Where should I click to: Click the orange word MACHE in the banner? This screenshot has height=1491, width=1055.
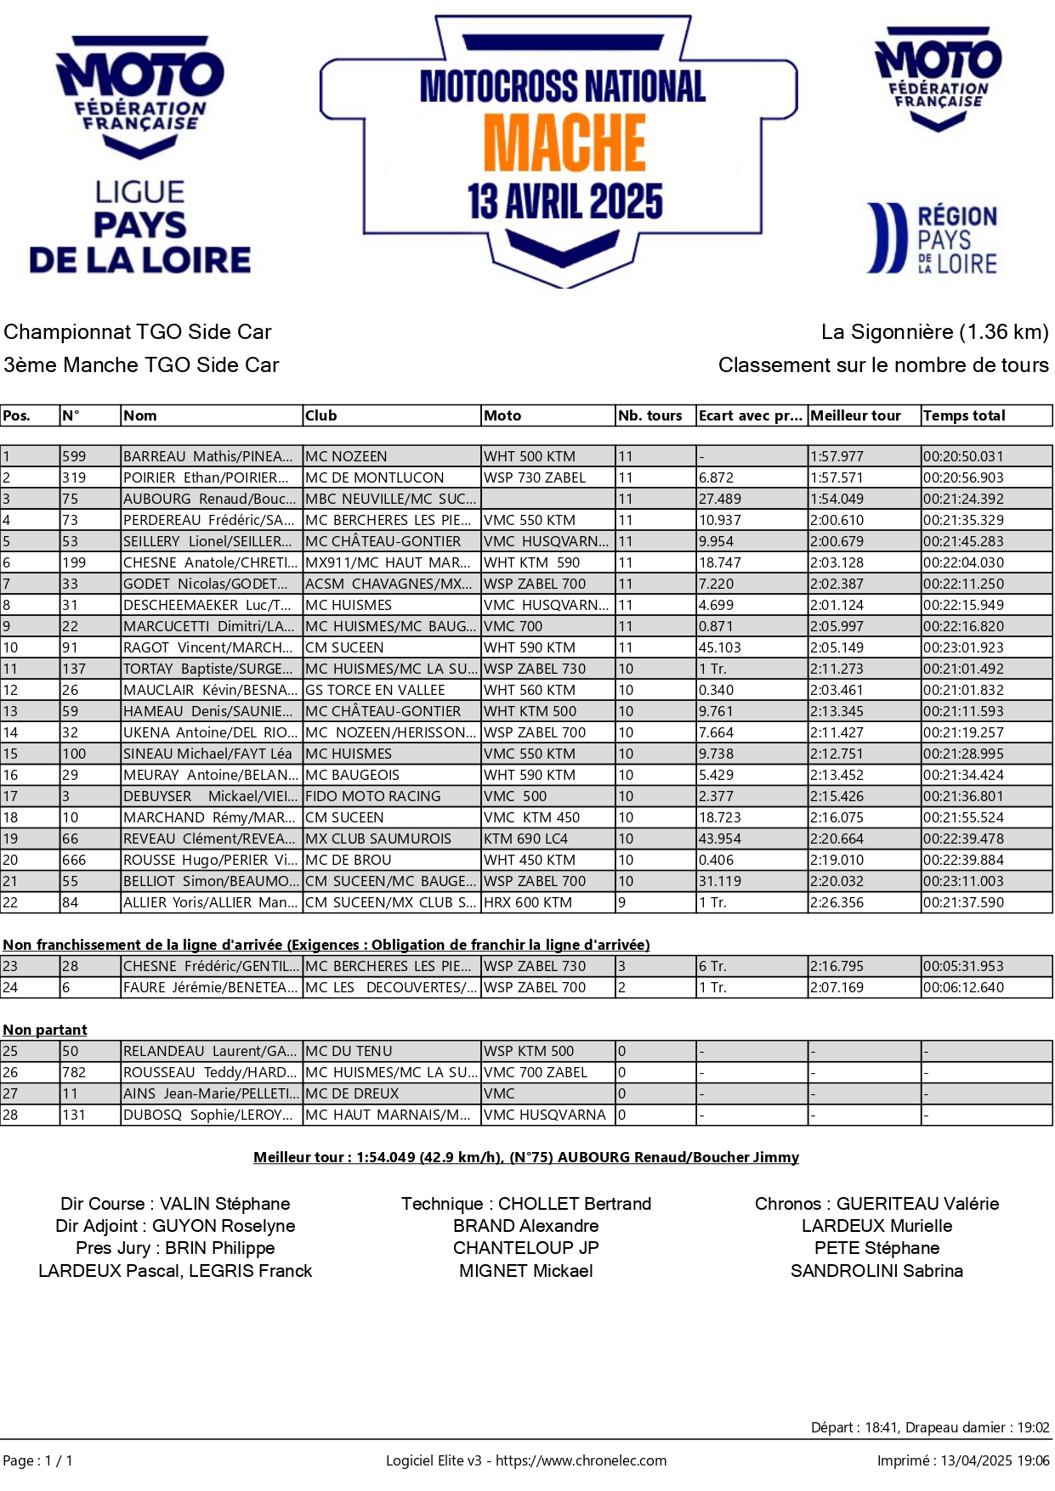pos(564,142)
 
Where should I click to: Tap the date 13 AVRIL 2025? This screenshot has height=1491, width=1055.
pos(564,202)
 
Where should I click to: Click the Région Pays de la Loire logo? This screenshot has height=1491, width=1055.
pos(932,239)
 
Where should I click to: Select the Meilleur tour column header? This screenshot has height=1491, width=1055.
pos(855,415)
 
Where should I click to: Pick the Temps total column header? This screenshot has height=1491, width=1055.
pos(964,415)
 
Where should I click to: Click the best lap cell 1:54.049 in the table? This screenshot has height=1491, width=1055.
pos(837,499)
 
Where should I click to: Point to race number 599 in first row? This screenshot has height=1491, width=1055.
pos(74,456)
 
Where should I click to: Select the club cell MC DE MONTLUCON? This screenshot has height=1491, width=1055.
pos(375,477)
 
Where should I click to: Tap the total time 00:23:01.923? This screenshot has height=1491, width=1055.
pos(963,647)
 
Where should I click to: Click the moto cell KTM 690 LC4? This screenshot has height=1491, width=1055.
pos(525,839)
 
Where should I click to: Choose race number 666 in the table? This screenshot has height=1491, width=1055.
pos(74,860)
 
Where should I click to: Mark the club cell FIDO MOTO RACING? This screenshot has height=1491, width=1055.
pos(373,796)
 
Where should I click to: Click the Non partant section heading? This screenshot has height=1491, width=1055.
pos(45,1030)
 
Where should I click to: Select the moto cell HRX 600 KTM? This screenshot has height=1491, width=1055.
pos(528,902)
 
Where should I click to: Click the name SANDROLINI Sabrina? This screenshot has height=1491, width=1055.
pos(876,1271)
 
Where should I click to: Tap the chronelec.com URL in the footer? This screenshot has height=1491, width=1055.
pos(581,1460)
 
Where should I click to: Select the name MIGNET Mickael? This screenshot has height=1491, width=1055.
pos(526,1271)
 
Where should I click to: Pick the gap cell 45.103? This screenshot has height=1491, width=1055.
pos(720,647)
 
